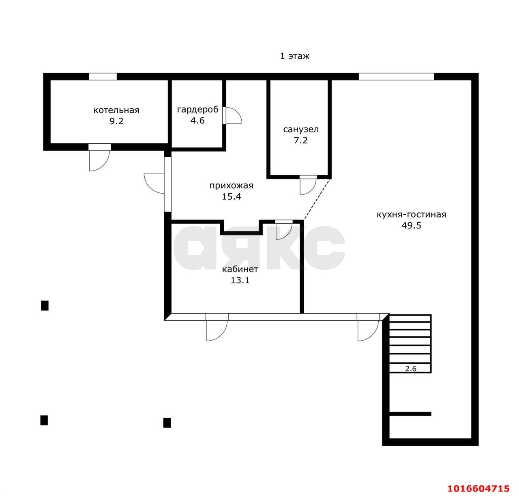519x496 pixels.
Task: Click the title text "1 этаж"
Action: pyautogui.click(x=294, y=56)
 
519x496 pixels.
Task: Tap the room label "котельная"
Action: pyautogui.click(x=116, y=110)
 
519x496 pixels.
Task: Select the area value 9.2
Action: pyautogui.click(x=116, y=121)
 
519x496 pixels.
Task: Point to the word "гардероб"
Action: pyautogui.click(x=197, y=110)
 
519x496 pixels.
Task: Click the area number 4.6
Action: pyautogui.click(x=197, y=121)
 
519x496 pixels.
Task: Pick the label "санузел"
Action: pyautogui.click(x=300, y=129)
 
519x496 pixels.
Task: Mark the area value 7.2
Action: pyautogui.click(x=300, y=140)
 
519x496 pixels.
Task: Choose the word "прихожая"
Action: pyautogui.click(x=231, y=185)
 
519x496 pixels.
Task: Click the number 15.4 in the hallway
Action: pyautogui.click(x=231, y=197)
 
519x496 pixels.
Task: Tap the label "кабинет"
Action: pyautogui.click(x=240, y=269)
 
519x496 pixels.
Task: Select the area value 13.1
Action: pyautogui.click(x=240, y=280)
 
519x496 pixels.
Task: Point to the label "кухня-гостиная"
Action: pyautogui.click(x=411, y=214)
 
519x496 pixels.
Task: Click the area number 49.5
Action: pyautogui.click(x=411, y=226)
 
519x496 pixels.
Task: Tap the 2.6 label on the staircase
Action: pyautogui.click(x=411, y=369)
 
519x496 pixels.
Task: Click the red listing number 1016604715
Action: pyautogui.click(x=478, y=489)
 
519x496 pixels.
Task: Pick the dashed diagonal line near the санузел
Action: pyautogui.click(x=317, y=199)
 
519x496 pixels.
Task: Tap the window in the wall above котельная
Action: pyautogui.click(x=103, y=77)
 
